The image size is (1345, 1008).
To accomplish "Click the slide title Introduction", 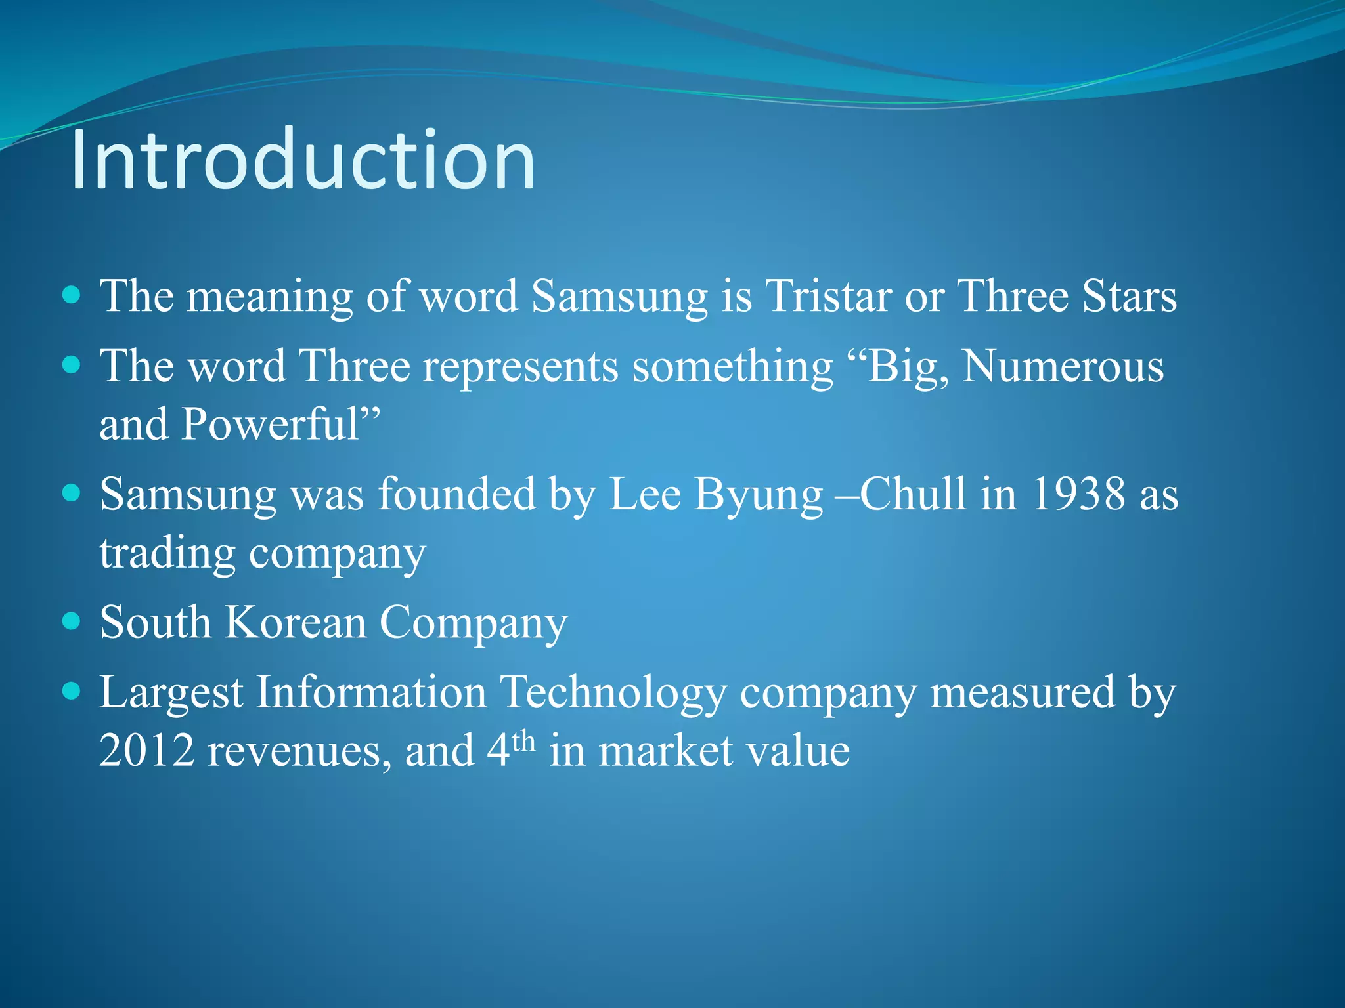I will pos(303,160).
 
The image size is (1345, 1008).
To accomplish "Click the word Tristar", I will pos(828,296).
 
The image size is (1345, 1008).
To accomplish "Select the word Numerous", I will pos(1063,366).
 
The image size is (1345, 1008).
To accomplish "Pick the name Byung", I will pos(758,495).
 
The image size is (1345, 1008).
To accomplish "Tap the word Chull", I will pos(913,493).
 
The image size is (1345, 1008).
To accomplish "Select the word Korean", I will pos(296,622).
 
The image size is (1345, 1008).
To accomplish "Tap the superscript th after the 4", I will pos(523,742).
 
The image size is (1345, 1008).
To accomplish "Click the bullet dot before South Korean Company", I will pos(71,621).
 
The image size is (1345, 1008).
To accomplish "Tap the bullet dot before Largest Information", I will pos(71,690).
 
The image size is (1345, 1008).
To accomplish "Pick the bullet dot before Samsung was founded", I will pos(71,492).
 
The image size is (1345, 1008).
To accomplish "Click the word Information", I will pos(371,692).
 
